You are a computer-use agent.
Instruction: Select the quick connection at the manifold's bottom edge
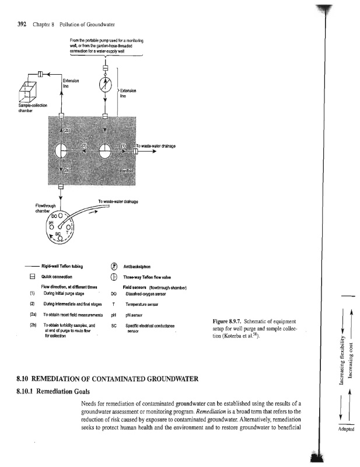point(61,186)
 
